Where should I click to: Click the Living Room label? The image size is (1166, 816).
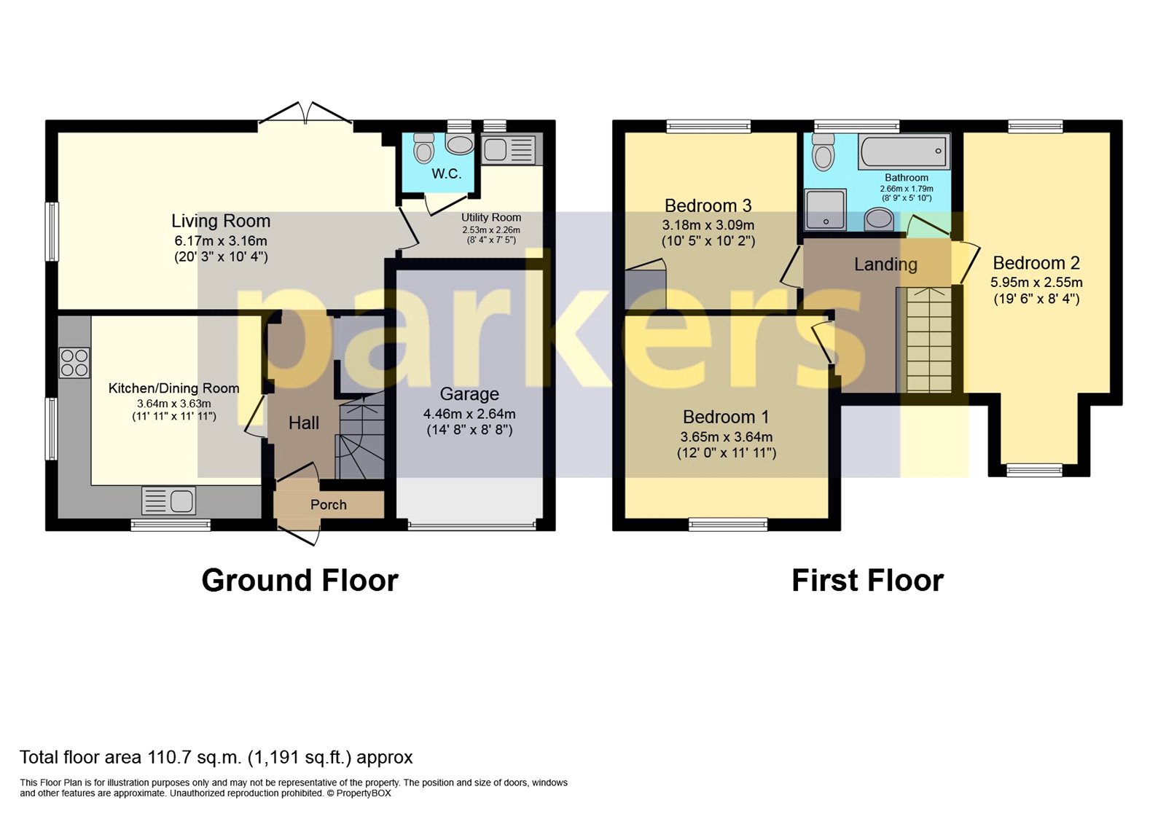click(221, 221)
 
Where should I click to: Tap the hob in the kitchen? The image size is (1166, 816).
click(74, 363)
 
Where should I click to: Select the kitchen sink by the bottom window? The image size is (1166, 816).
click(169, 501)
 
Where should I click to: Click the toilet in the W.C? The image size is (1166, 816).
click(423, 148)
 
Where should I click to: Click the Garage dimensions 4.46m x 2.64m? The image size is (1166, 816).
click(469, 414)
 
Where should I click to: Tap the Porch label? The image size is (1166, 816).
click(329, 504)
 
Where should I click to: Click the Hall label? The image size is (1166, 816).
click(304, 423)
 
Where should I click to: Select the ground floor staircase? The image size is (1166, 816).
click(361, 437)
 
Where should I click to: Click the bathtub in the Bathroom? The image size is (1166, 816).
click(904, 152)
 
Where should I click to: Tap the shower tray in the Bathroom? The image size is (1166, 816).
click(825, 210)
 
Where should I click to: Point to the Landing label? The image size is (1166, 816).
click(885, 264)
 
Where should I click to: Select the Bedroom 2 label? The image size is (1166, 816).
click(1036, 263)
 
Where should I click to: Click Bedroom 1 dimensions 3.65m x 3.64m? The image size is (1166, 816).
click(727, 437)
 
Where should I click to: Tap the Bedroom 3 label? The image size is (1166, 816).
click(708, 205)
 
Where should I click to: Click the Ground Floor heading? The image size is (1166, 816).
click(300, 581)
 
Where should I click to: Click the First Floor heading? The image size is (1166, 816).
click(867, 581)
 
